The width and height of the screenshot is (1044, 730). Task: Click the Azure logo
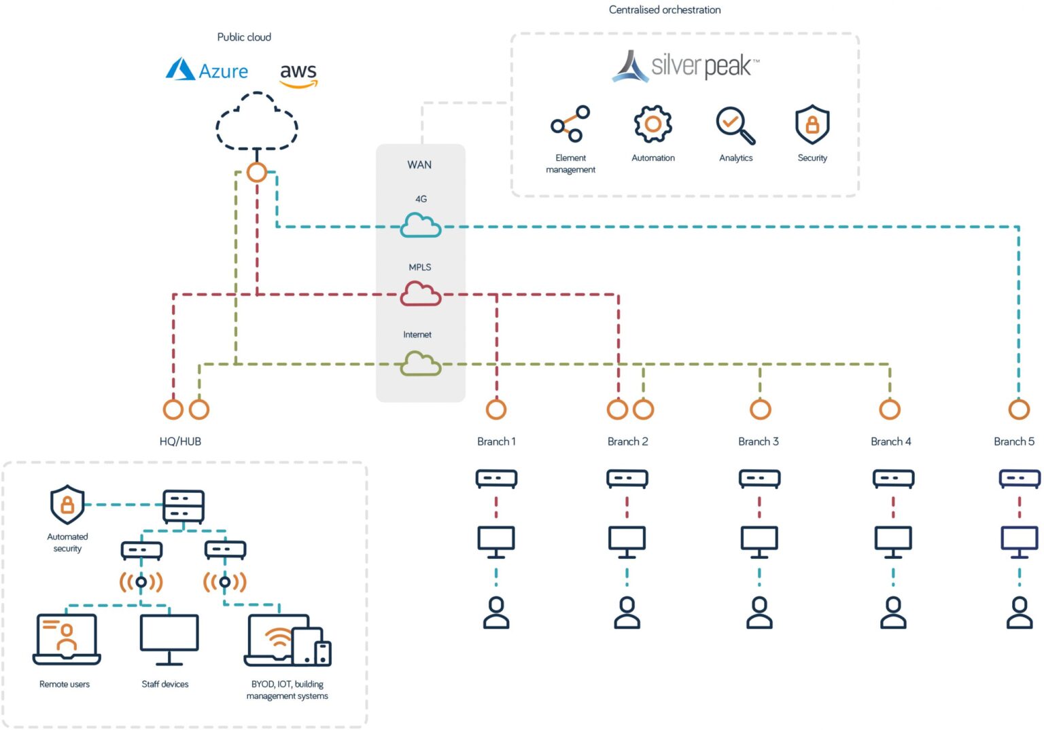(207, 70)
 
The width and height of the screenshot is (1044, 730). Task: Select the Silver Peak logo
(685, 66)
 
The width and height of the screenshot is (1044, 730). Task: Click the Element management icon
(570, 124)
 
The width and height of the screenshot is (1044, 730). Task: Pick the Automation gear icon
(652, 124)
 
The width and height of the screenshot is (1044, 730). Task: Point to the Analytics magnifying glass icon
(735, 125)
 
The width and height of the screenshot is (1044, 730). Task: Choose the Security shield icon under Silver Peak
(812, 124)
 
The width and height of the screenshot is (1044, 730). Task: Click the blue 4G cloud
(420, 225)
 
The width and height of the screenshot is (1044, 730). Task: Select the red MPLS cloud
(420, 293)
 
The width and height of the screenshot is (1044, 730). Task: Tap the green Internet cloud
(420, 363)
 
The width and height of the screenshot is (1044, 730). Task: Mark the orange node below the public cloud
(256, 172)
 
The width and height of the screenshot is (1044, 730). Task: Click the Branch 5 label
(1013, 441)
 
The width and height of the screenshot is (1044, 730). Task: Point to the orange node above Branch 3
(760, 409)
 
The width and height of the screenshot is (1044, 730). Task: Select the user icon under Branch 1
(496, 613)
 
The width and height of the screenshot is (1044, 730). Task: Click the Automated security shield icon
(67, 505)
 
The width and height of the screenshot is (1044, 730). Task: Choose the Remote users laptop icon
(67, 639)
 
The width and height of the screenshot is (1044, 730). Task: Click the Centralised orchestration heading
(664, 10)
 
